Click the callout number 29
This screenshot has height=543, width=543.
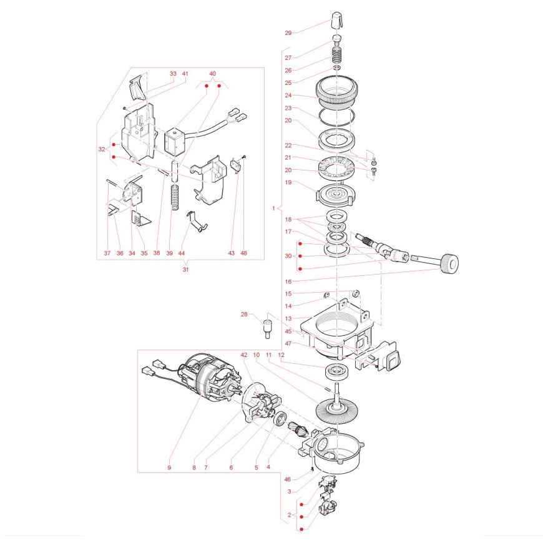(288, 33)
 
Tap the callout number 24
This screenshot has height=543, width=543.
(288, 95)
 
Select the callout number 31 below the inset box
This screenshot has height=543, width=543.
(185, 269)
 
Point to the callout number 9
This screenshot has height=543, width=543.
(169, 467)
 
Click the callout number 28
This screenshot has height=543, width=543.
(244, 314)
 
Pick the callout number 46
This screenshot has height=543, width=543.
(288, 479)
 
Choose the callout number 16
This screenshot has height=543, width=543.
(288, 281)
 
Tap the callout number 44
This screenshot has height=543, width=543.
(182, 253)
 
